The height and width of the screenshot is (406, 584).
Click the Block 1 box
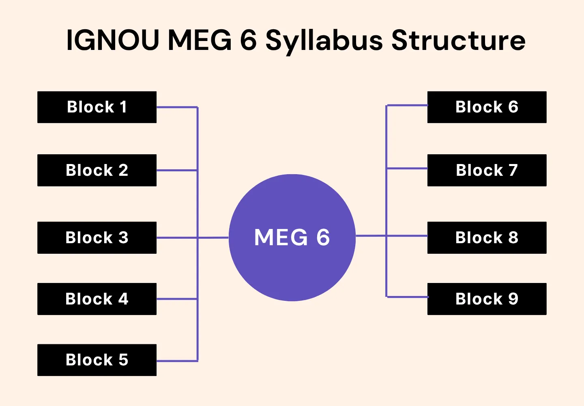tap(97, 107)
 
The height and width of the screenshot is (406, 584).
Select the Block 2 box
tap(97, 170)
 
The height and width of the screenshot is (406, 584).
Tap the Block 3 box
tap(97, 238)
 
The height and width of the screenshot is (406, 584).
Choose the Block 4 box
tap(97, 299)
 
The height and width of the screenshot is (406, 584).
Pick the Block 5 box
tap(97, 360)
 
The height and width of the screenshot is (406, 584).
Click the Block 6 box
tap(487, 107)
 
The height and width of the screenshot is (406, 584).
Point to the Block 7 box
tap(487, 170)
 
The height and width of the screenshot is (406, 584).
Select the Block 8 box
tap(487, 238)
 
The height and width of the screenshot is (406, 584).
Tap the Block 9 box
tap(487, 299)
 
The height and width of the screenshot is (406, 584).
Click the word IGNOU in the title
tap(112, 40)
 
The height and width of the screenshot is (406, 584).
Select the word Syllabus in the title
tap(324, 41)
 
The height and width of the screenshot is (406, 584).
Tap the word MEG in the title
tap(200, 40)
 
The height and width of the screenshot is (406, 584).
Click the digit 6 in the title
tap(248, 40)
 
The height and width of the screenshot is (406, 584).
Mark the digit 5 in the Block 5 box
tap(123, 360)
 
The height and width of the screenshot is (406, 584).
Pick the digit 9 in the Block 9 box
tap(513, 299)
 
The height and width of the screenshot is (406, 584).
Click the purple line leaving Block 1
tap(177, 107)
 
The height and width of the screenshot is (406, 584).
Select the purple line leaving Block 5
tap(177, 361)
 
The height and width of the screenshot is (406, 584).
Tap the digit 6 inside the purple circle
tap(323, 238)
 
